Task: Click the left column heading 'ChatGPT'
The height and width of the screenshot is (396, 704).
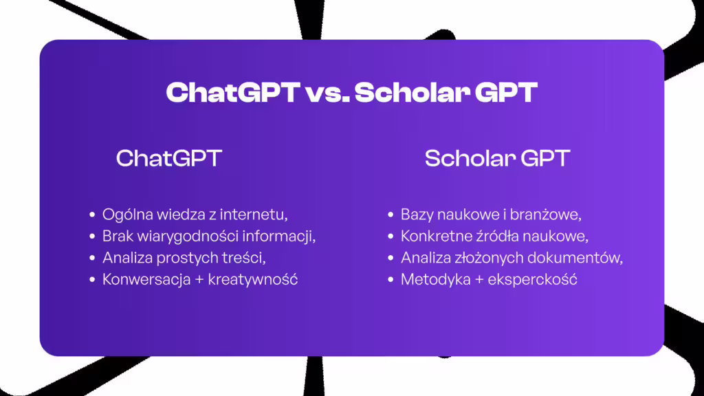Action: click(x=168, y=158)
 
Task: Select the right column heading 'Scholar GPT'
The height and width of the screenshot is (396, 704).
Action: click(x=497, y=158)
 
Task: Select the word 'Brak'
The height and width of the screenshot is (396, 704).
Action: click(x=118, y=236)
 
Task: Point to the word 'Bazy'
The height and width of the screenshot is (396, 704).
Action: click(x=417, y=214)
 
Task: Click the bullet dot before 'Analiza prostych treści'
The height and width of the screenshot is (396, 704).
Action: click(x=92, y=258)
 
